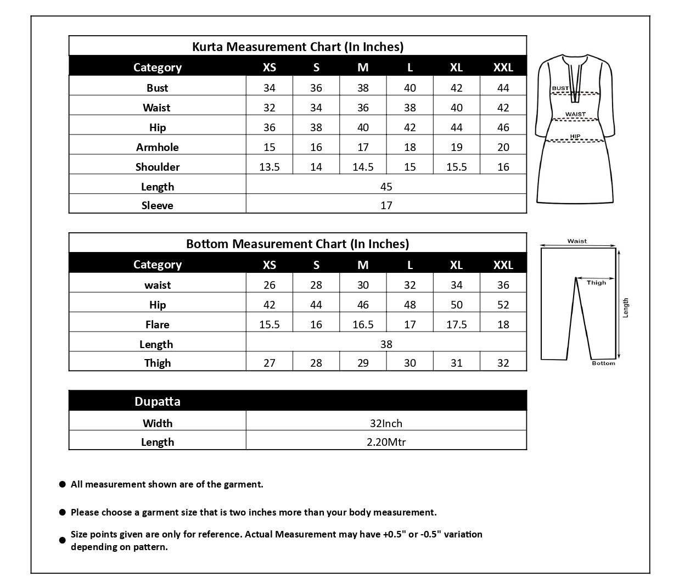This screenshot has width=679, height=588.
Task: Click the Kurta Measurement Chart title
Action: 298,47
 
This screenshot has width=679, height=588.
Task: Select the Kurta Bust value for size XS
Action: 269,88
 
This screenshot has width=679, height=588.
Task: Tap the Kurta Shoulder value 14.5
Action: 363,167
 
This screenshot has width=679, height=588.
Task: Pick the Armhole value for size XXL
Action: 503,147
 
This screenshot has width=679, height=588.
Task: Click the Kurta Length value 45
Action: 386,187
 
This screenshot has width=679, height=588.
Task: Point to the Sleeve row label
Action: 157,205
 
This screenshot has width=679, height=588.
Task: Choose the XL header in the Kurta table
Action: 456,67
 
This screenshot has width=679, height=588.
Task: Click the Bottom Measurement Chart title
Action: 298,244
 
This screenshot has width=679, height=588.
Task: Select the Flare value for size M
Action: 363,324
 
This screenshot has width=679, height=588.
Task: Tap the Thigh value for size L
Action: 409,363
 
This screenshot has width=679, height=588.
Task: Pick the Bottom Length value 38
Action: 386,344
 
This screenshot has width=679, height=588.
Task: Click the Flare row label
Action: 157,324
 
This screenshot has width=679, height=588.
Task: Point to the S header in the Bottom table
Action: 316,265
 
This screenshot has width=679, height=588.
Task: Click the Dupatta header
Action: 158,401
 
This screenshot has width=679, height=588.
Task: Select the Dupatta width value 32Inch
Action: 386,423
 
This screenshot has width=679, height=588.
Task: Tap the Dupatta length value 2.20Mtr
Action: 386,442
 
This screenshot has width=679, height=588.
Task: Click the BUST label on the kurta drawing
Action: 560,88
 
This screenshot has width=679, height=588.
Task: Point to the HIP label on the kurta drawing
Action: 575,137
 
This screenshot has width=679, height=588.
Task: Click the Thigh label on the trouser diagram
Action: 596,283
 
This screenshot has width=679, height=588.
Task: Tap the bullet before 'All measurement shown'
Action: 63,485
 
